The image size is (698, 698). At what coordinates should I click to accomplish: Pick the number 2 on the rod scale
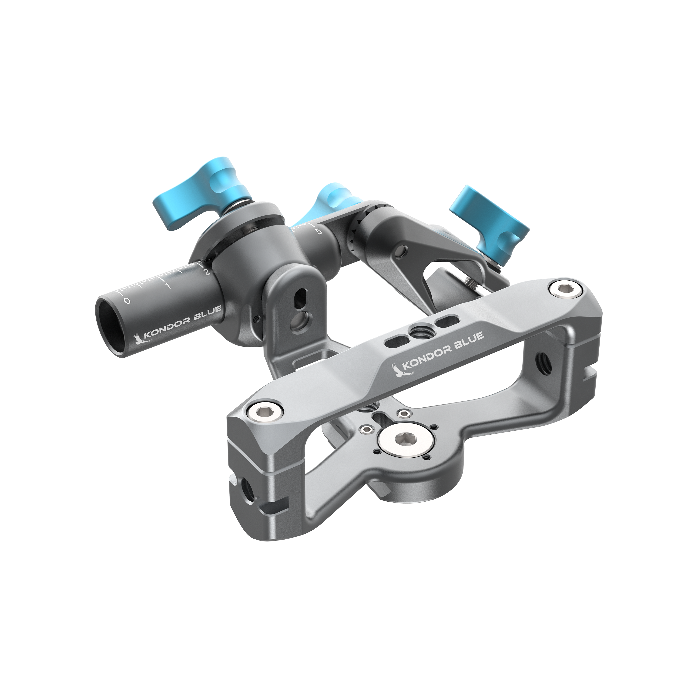click(207, 272)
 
